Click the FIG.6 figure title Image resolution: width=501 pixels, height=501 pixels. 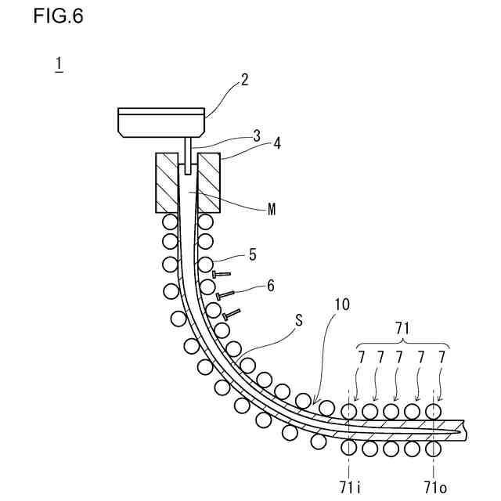tap(58, 16)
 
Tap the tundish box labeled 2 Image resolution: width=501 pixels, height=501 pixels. tap(161, 121)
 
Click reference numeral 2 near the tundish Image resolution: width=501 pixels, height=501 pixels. tap(244, 80)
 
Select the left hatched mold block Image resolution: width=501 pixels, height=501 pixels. tap(168, 182)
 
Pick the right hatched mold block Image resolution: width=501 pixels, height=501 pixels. tap(208, 182)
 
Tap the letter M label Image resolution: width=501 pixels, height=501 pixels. tap(272, 210)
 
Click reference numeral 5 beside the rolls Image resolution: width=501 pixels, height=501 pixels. tap(252, 254)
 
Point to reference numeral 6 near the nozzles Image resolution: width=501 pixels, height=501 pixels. tap(270, 286)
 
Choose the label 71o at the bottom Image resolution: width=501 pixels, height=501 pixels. tap(435, 487)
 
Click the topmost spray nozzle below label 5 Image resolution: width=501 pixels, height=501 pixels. tap(221, 275)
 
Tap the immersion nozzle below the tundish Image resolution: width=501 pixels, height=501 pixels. tap(188, 153)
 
